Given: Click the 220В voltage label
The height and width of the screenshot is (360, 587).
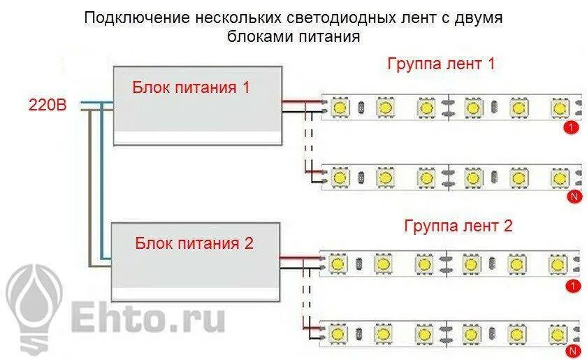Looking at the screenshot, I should [x=48, y=106].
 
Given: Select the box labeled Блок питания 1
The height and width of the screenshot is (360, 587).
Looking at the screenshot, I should [x=198, y=105].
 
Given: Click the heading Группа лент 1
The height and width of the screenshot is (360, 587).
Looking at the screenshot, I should [x=441, y=64].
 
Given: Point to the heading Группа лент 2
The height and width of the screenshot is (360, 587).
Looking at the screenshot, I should [x=458, y=226].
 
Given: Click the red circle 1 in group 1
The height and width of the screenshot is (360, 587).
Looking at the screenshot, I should [x=572, y=128].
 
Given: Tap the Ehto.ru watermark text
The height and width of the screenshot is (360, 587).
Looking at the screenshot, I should [x=146, y=318].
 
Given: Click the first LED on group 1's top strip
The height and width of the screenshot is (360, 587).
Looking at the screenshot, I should [x=340, y=108].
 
